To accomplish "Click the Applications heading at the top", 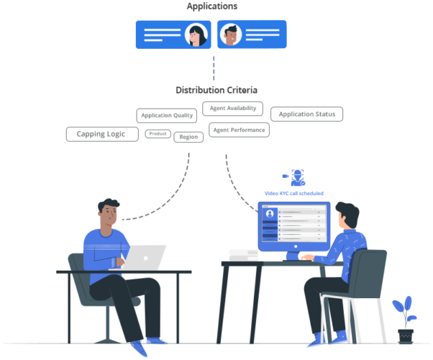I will coord(212,6).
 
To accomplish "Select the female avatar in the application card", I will coord(196,35).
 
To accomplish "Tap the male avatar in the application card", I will coord(229,35).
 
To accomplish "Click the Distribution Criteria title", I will coord(216,90).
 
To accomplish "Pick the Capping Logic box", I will coord(101,134).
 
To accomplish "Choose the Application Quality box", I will coord(166,115).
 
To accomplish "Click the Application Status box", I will coord(306,114).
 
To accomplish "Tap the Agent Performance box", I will coord(239,130).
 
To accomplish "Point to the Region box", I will coord(188,136).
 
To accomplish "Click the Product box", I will coord(158,133).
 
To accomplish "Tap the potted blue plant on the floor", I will coord(404,317).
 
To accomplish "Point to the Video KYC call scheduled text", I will coord(293,193).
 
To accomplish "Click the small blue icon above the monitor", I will coord(297,178).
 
